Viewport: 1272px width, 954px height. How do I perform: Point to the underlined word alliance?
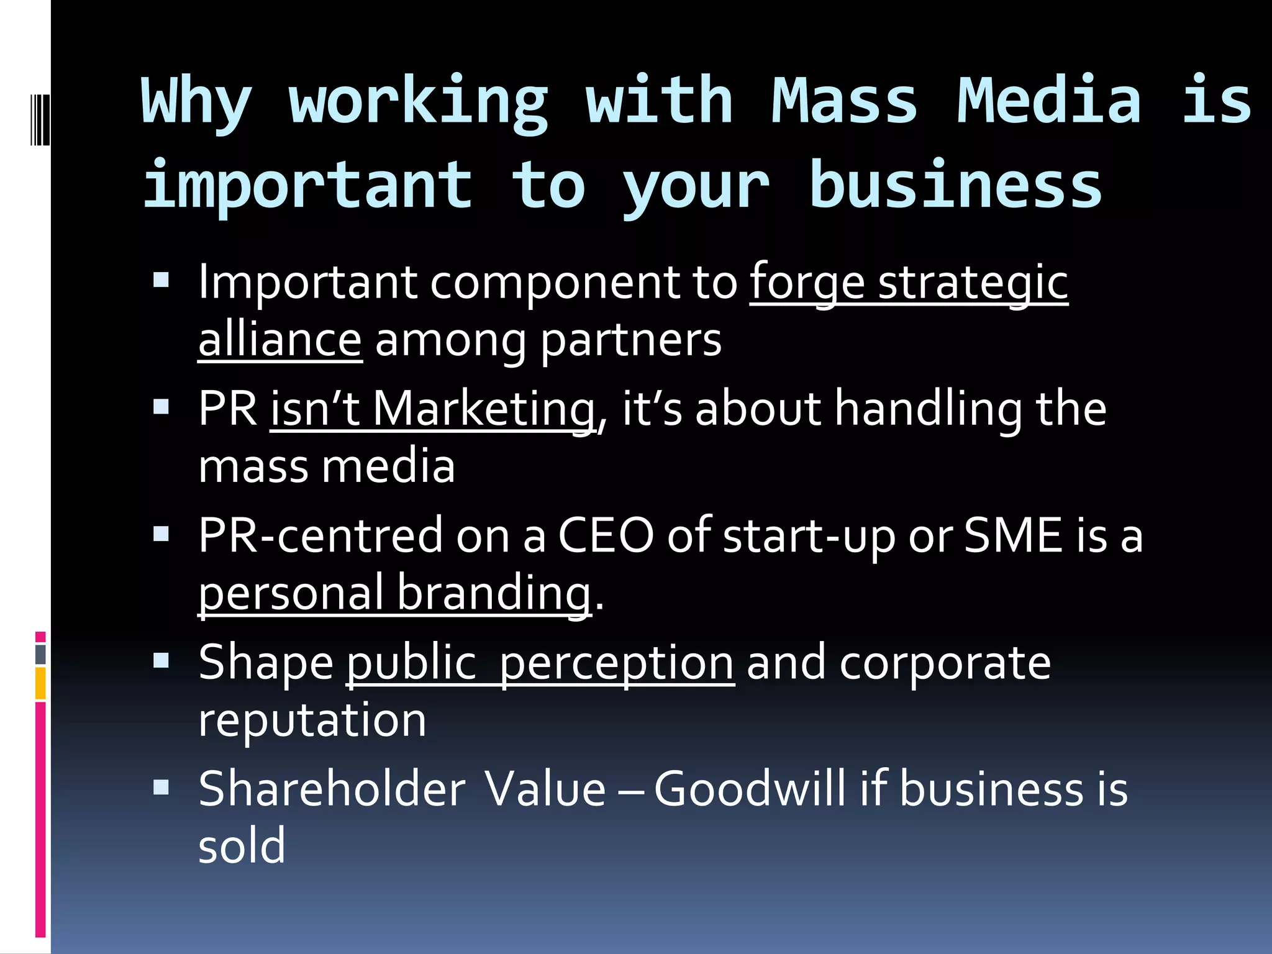tap(279, 340)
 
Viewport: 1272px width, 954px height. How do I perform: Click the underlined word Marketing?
tap(483, 409)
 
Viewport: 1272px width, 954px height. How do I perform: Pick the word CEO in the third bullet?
tap(606, 535)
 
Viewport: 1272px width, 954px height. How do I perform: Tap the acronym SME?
tap(1012, 535)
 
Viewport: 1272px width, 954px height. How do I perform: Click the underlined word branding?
tap(493, 593)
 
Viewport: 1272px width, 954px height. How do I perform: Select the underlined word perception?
tap(617, 663)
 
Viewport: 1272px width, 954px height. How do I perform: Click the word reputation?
tap(312, 720)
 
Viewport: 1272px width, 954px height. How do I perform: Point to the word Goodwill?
tap(750, 789)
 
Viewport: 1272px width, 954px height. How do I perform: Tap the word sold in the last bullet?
tap(242, 846)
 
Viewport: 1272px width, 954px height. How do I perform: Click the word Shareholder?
tap(332, 789)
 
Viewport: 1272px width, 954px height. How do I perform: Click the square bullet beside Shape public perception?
tap(161, 660)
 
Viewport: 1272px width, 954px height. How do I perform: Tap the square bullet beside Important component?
tap(161, 281)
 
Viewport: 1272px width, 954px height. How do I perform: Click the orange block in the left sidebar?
tap(40, 683)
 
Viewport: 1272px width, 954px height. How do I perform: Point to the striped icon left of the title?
tap(39, 116)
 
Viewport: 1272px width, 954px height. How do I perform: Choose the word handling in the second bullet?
tap(928, 409)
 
